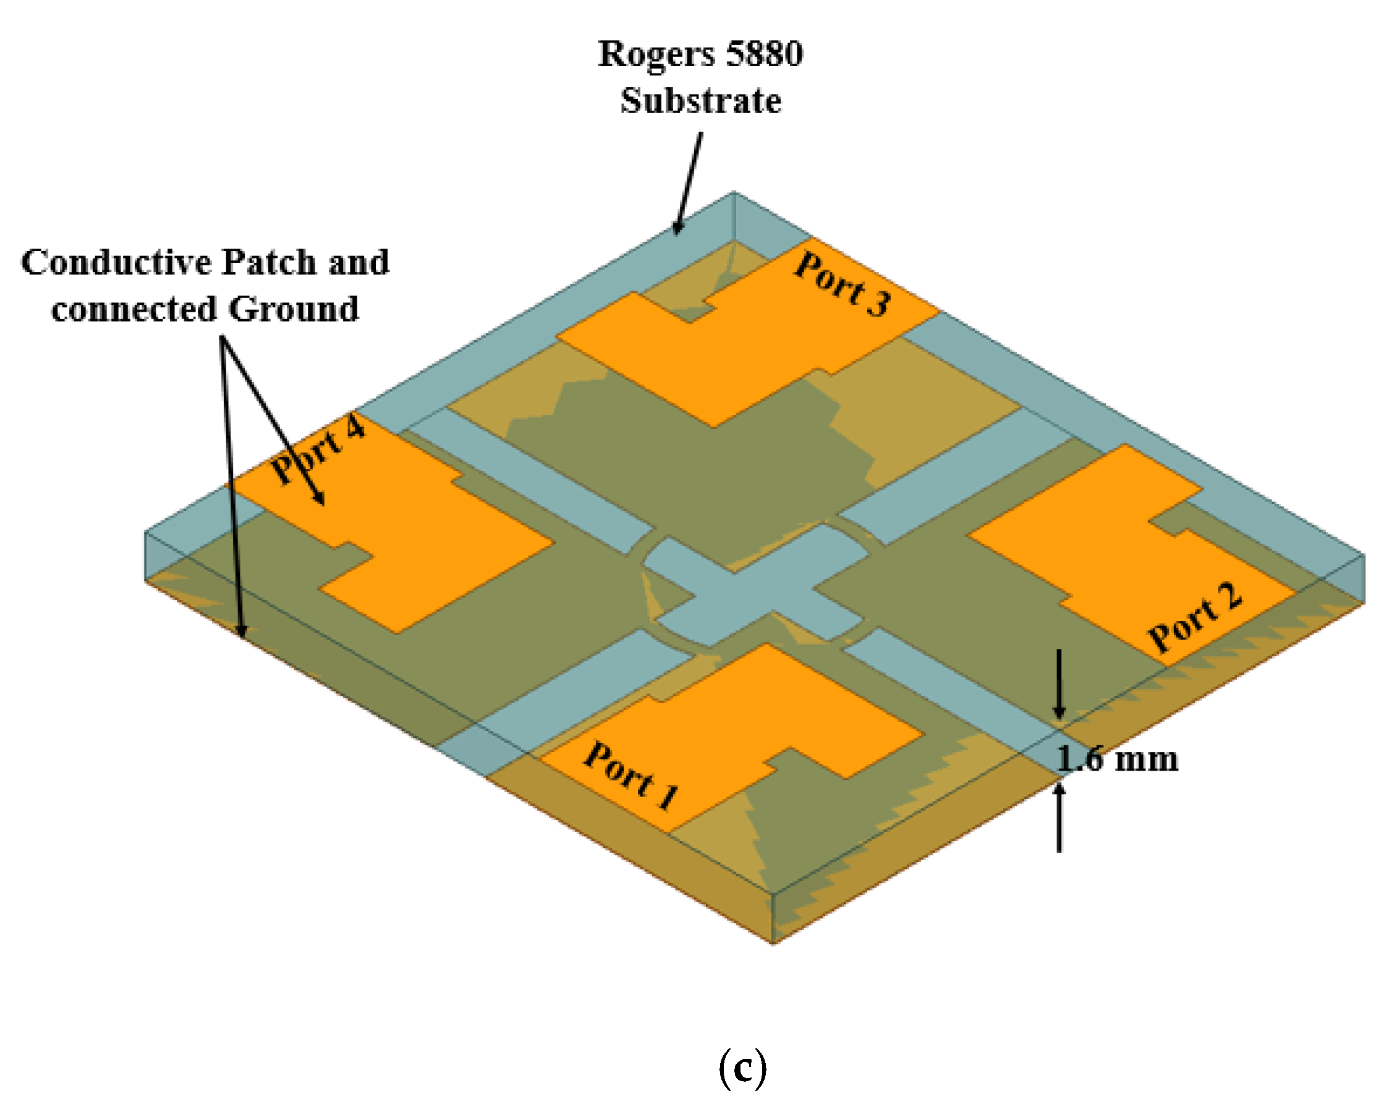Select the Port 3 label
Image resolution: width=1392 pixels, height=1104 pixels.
(x=842, y=285)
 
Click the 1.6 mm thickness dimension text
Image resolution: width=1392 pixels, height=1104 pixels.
(x=1117, y=760)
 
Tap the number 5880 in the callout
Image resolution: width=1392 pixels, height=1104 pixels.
(x=765, y=54)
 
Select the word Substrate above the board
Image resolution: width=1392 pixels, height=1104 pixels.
(x=700, y=101)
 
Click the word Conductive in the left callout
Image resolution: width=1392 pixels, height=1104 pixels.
(x=116, y=263)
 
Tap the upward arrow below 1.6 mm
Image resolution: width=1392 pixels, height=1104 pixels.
(x=1059, y=818)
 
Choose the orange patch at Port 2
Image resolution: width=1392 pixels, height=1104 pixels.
(x=1111, y=549)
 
